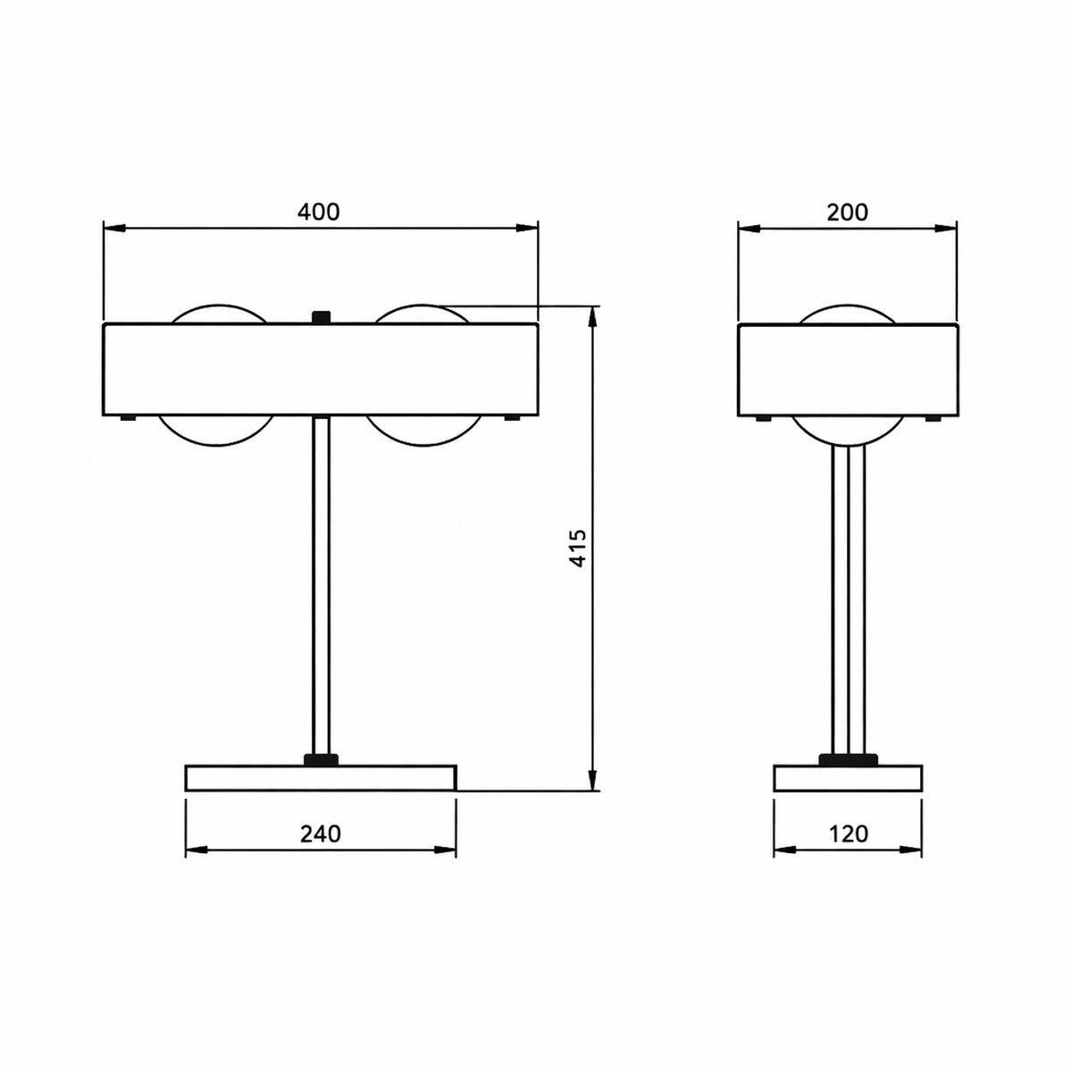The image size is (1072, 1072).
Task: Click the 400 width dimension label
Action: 318,212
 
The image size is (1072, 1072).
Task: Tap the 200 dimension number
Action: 847,212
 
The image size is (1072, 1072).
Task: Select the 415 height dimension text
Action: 578,548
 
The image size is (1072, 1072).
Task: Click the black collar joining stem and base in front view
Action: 321,760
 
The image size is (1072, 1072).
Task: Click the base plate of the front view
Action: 321,778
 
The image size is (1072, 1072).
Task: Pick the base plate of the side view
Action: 848,778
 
